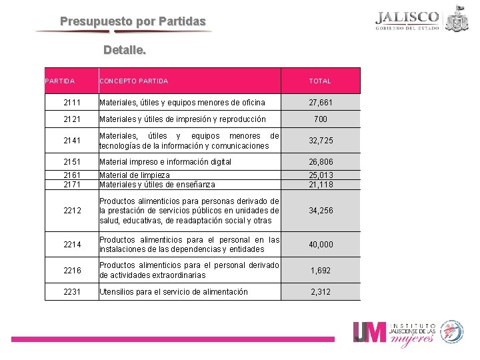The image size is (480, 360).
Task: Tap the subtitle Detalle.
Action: pyautogui.click(x=125, y=50)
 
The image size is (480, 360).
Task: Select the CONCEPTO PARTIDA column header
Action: pyautogui.click(x=133, y=81)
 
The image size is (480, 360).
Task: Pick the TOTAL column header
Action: pyautogui.click(x=320, y=81)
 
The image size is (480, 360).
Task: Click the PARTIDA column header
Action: pyautogui.click(x=59, y=81)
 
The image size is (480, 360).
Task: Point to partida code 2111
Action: pyautogui.click(x=73, y=103)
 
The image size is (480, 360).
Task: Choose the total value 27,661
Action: pyautogui.click(x=320, y=103)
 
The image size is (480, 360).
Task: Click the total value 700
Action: pyautogui.click(x=320, y=119)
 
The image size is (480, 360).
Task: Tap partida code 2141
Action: pyautogui.click(x=73, y=141)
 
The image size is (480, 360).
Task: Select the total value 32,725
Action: pyautogui.click(x=320, y=141)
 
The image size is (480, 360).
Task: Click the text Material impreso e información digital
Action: pyautogui.click(x=165, y=162)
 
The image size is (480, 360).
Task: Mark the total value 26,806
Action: pyautogui.click(x=320, y=162)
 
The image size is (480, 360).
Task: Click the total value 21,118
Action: pyautogui.click(x=320, y=185)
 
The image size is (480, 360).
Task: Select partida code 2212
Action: pyautogui.click(x=73, y=211)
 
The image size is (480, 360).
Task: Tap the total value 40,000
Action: pyautogui.click(x=320, y=245)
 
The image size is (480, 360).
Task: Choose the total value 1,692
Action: pyautogui.click(x=320, y=271)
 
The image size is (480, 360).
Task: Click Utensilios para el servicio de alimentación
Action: pyautogui.click(x=173, y=292)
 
